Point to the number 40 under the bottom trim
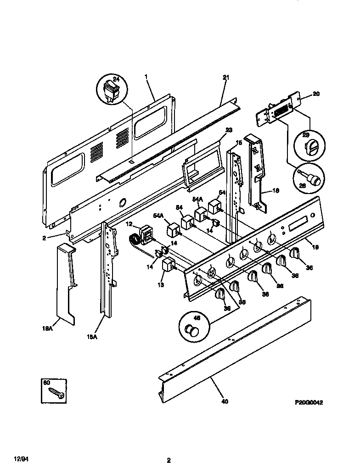[x=224, y=401]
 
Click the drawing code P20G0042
[x=309, y=402]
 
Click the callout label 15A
[x=92, y=337]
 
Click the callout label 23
[x=229, y=129]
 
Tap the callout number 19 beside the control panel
[x=316, y=246]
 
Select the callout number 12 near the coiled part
[x=129, y=224]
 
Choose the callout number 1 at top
[x=146, y=77]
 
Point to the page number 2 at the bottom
[x=169, y=460]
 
